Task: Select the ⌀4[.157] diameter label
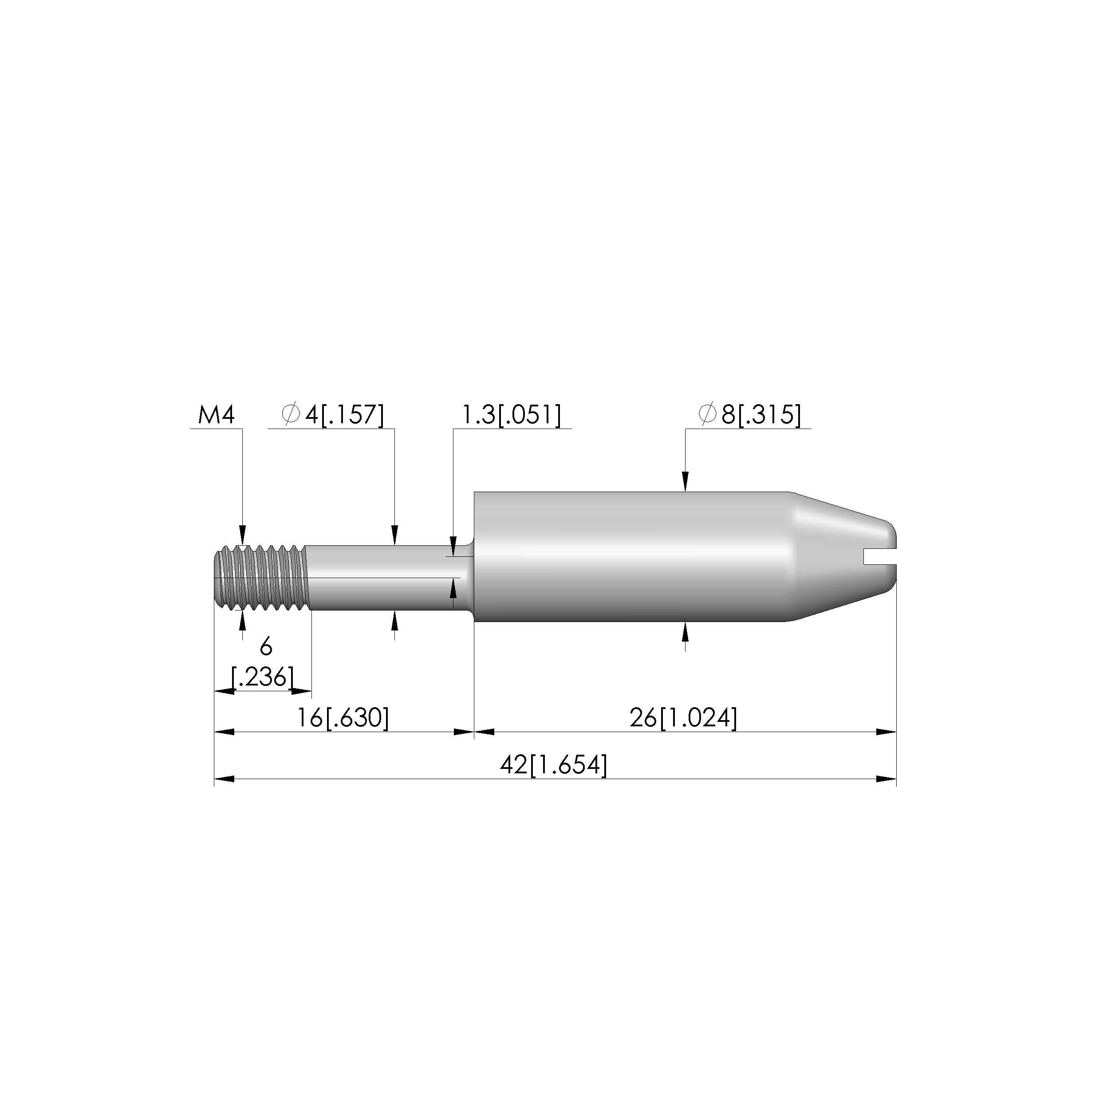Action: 332,414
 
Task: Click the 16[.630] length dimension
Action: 343,717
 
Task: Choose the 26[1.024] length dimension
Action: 683,717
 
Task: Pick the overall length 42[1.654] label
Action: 554,765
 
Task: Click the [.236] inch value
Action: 262,677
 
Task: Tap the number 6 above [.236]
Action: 266,647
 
